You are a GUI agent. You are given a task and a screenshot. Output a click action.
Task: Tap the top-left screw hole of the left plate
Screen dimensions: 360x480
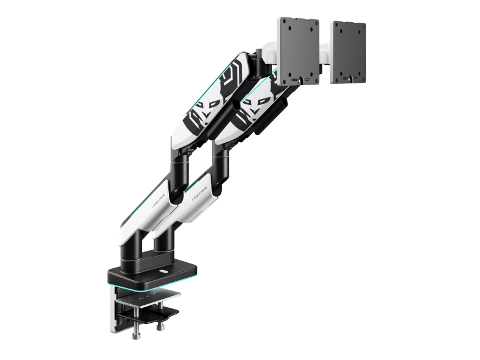(x=286, y=26)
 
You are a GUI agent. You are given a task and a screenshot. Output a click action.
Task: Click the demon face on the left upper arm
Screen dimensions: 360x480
(x=203, y=114)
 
